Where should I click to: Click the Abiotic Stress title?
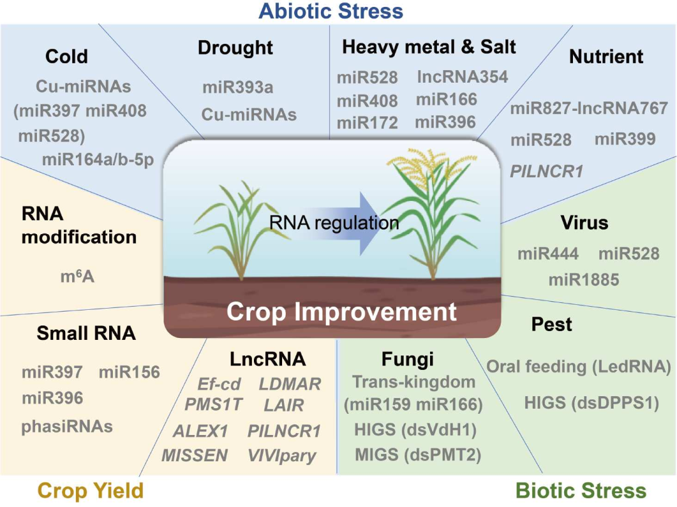tap(331, 11)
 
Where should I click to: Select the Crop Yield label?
tap(91, 491)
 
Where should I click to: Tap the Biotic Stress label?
tap(581, 491)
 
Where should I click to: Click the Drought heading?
tap(235, 48)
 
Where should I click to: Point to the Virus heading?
tap(585, 222)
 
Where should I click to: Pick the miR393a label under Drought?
tap(238, 88)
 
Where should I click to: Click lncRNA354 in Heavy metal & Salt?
tap(463, 76)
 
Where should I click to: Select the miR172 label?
tap(367, 123)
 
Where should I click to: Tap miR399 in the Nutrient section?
tap(625, 139)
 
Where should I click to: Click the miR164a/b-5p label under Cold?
tap(98, 160)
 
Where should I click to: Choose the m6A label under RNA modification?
tap(77, 276)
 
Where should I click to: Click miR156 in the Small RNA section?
tap(130, 372)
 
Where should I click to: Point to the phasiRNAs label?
tap(67, 427)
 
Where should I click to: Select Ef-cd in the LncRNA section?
tap(219, 384)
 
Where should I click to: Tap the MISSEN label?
tap(195, 455)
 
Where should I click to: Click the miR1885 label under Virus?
tap(584, 280)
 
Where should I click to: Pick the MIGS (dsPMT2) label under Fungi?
tap(418, 455)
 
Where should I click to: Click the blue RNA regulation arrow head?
tap(370, 223)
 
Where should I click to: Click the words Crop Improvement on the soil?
tap(342, 311)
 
